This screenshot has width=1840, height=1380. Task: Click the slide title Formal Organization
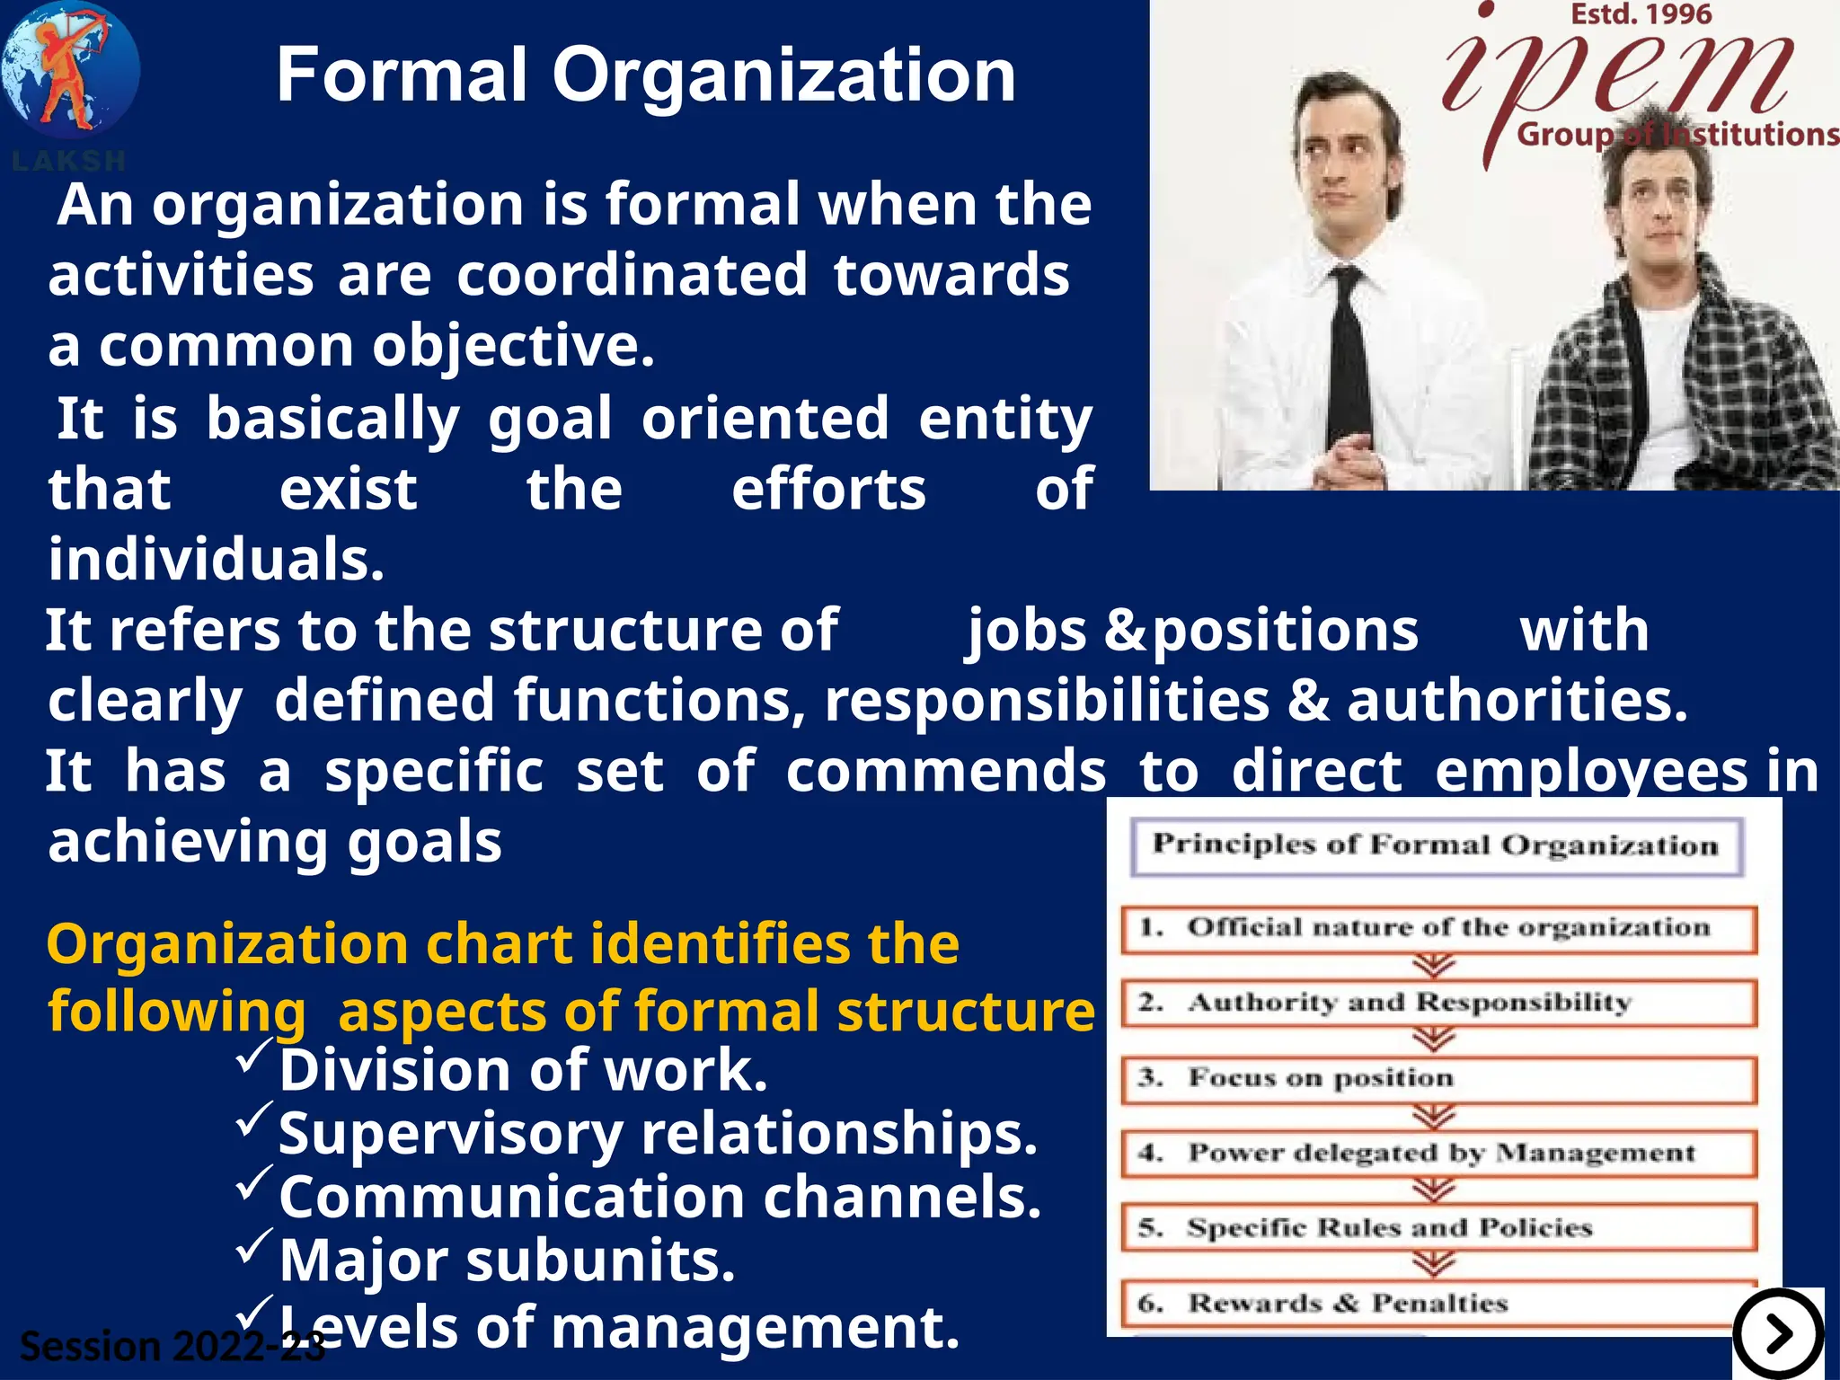[645, 75]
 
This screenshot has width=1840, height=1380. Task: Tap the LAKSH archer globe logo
[70, 72]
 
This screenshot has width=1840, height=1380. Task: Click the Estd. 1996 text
[1641, 14]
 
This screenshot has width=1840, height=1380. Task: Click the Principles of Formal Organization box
[1436, 845]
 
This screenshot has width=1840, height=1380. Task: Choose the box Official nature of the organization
[1437, 928]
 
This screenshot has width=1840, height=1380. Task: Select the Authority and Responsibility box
[1437, 1003]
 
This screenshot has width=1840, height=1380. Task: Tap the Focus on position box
[1437, 1078]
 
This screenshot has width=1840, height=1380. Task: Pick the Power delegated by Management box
[1437, 1153]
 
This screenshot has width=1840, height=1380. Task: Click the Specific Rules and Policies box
[1437, 1228]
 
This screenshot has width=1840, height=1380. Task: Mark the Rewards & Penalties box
[1437, 1303]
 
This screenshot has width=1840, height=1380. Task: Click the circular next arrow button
[1778, 1334]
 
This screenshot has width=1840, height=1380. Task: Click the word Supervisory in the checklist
[450, 1135]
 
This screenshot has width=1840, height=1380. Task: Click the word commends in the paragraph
[945, 772]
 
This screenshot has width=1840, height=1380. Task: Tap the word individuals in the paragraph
[216, 560]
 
